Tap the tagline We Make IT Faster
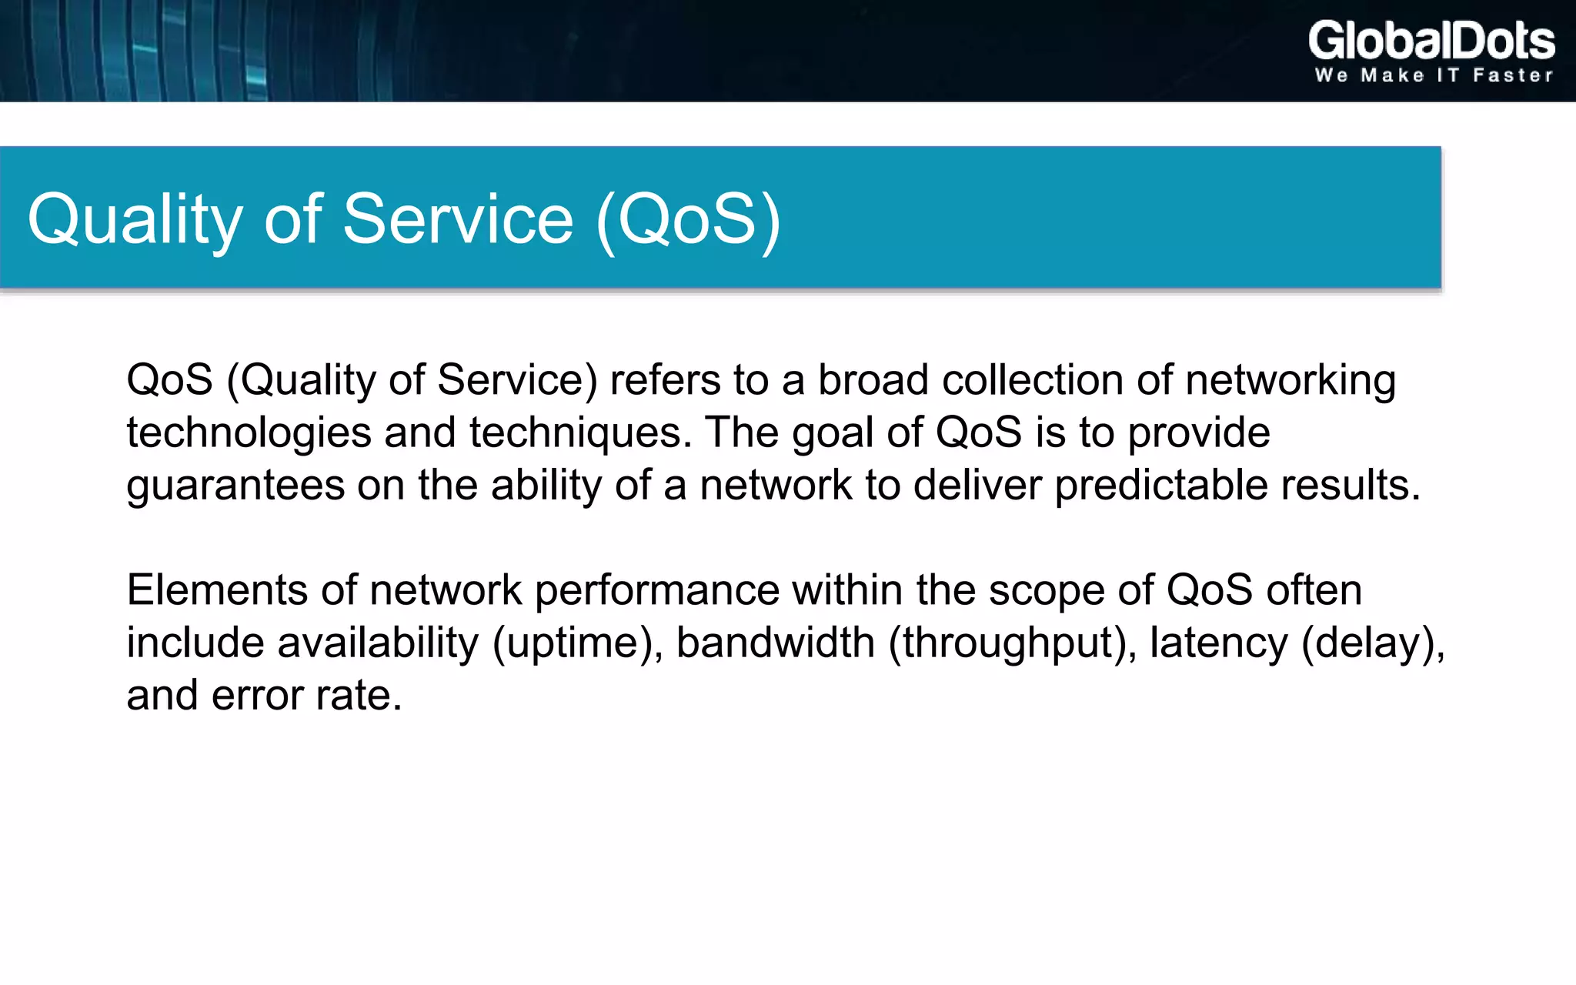pyautogui.click(x=1434, y=75)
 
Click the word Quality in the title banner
pyautogui.click(x=135, y=220)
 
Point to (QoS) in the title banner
pyautogui.click(x=689, y=220)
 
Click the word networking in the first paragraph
pyautogui.click(x=1291, y=381)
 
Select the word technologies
pyautogui.click(x=249, y=433)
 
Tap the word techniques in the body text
pyautogui.click(x=576, y=433)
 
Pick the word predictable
pyautogui.click(x=1160, y=486)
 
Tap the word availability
pyautogui.click(x=378, y=643)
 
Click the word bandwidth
pyautogui.click(x=775, y=643)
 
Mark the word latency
pyautogui.click(x=1218, y=643)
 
